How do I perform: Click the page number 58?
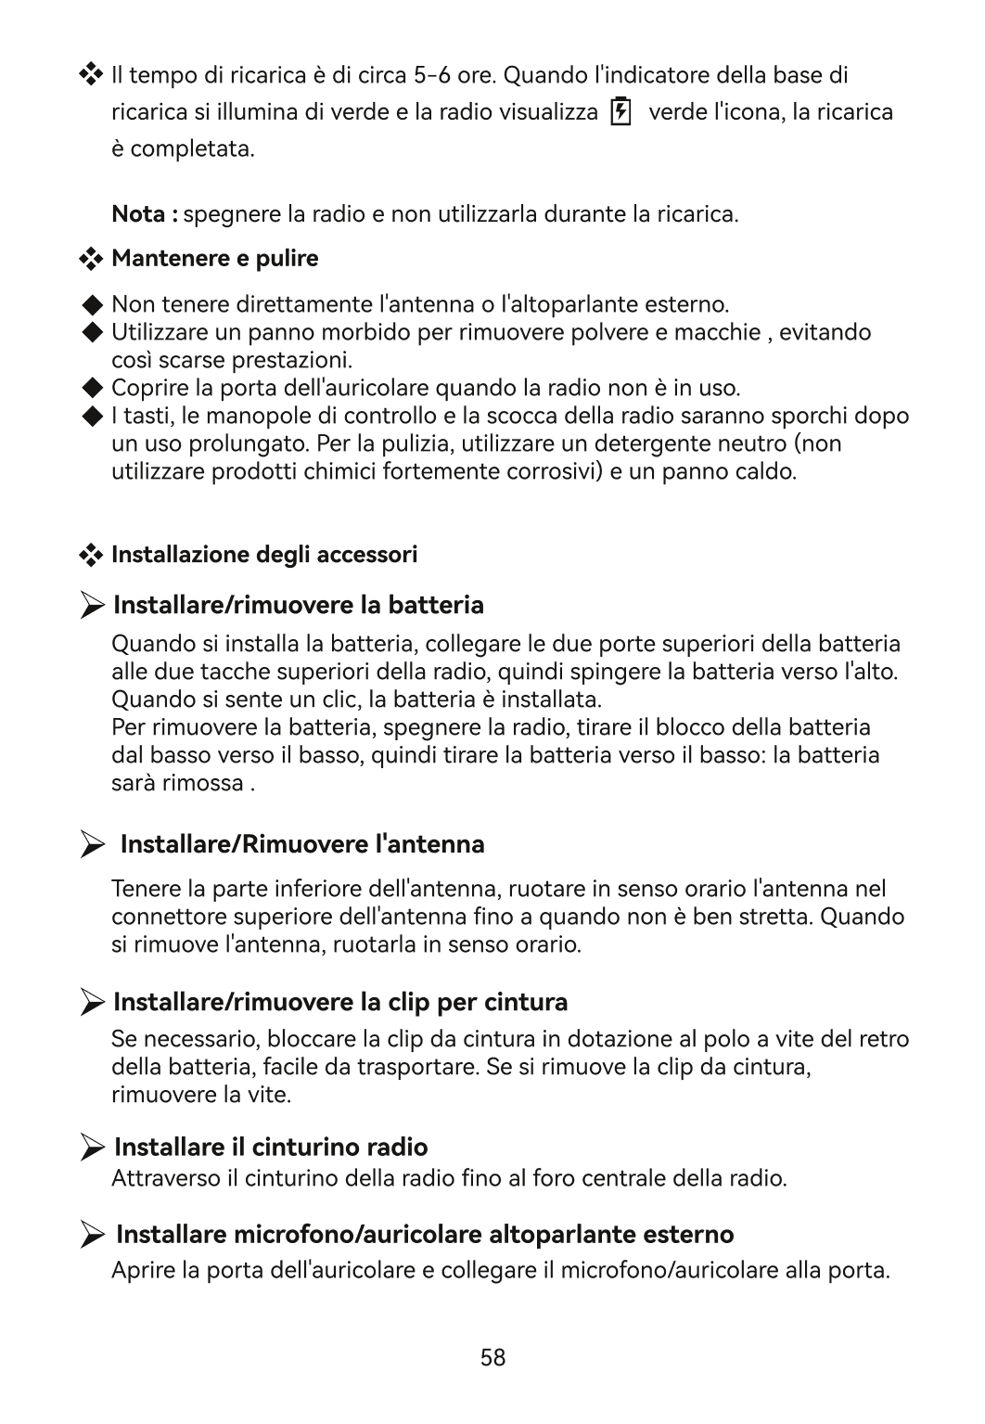(x=492, y=1358)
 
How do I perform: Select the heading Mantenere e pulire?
(x=214, y=259)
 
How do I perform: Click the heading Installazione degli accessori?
(x=264, y=555)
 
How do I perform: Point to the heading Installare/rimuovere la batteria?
(x=298, y=606)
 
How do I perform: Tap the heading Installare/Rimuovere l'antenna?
(x=302, y=844)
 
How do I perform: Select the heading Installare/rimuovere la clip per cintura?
(x=340, y=1002)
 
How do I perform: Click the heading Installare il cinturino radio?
(x=271, y=1148)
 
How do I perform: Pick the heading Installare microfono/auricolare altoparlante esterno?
(x=425, y=1235)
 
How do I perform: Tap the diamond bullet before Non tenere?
(x=91, y=305)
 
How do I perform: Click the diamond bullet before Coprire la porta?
(x=91, y=387)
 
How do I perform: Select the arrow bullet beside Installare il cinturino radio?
(x=92, y=1148)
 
